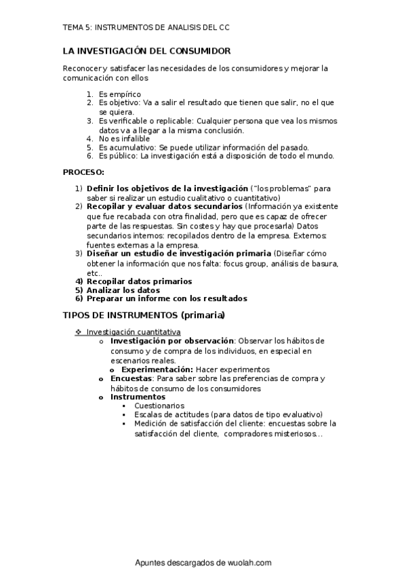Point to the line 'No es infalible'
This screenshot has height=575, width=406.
[124, 138]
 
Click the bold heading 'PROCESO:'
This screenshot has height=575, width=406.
[83, 172]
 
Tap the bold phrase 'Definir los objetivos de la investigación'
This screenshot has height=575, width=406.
[167, 188]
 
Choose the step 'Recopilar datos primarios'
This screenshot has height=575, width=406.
[139, 281]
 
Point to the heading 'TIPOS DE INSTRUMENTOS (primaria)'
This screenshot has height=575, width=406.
[144, 316]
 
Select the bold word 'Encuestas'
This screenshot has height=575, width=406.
[131, 378]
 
